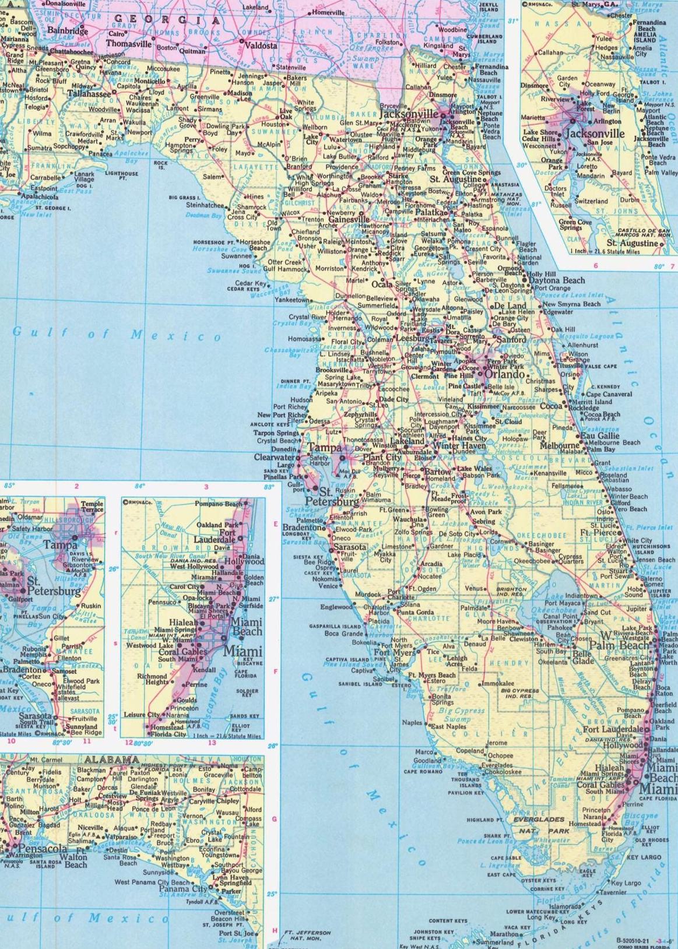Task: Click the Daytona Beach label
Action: (x=557, y=280)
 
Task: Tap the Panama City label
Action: (x=184, y=889)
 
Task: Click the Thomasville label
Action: (x=129, y=44)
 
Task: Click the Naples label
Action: (x=412, y=723)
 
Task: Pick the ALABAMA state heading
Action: (x=111, y=760)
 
